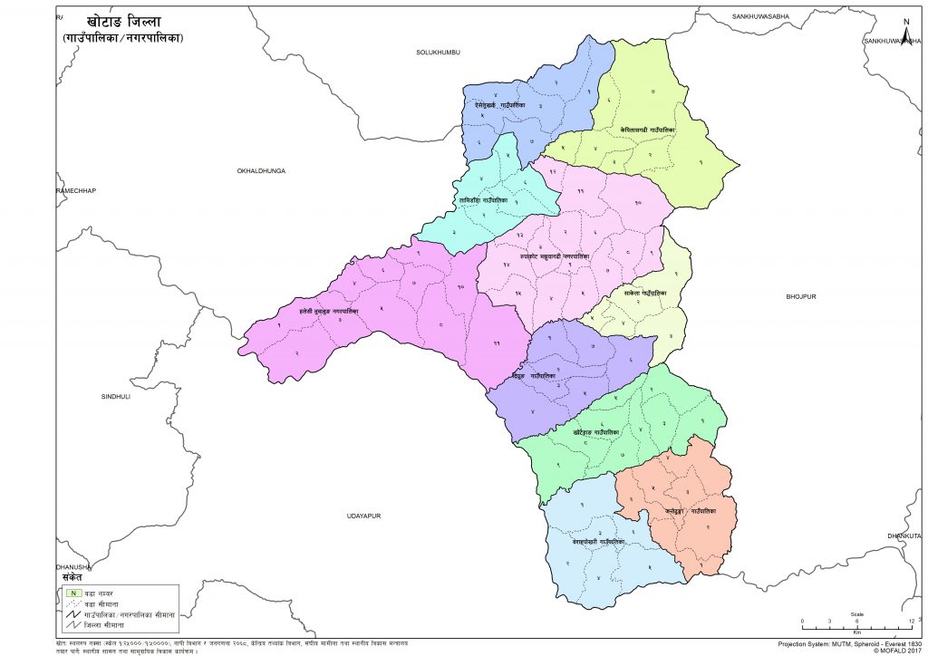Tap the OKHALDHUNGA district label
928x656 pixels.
[x=261, y=169]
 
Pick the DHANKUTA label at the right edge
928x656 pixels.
[x=907, y=535]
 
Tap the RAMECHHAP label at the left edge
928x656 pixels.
[x=76, y=190]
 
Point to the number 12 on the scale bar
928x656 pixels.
[x=911, y=621]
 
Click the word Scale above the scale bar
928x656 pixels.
[x=856, y=613]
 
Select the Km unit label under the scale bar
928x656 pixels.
[x=856, y=632]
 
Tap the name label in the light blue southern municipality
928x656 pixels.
[x=598, y=542]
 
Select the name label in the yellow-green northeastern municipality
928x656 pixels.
[x=647, y=129]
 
